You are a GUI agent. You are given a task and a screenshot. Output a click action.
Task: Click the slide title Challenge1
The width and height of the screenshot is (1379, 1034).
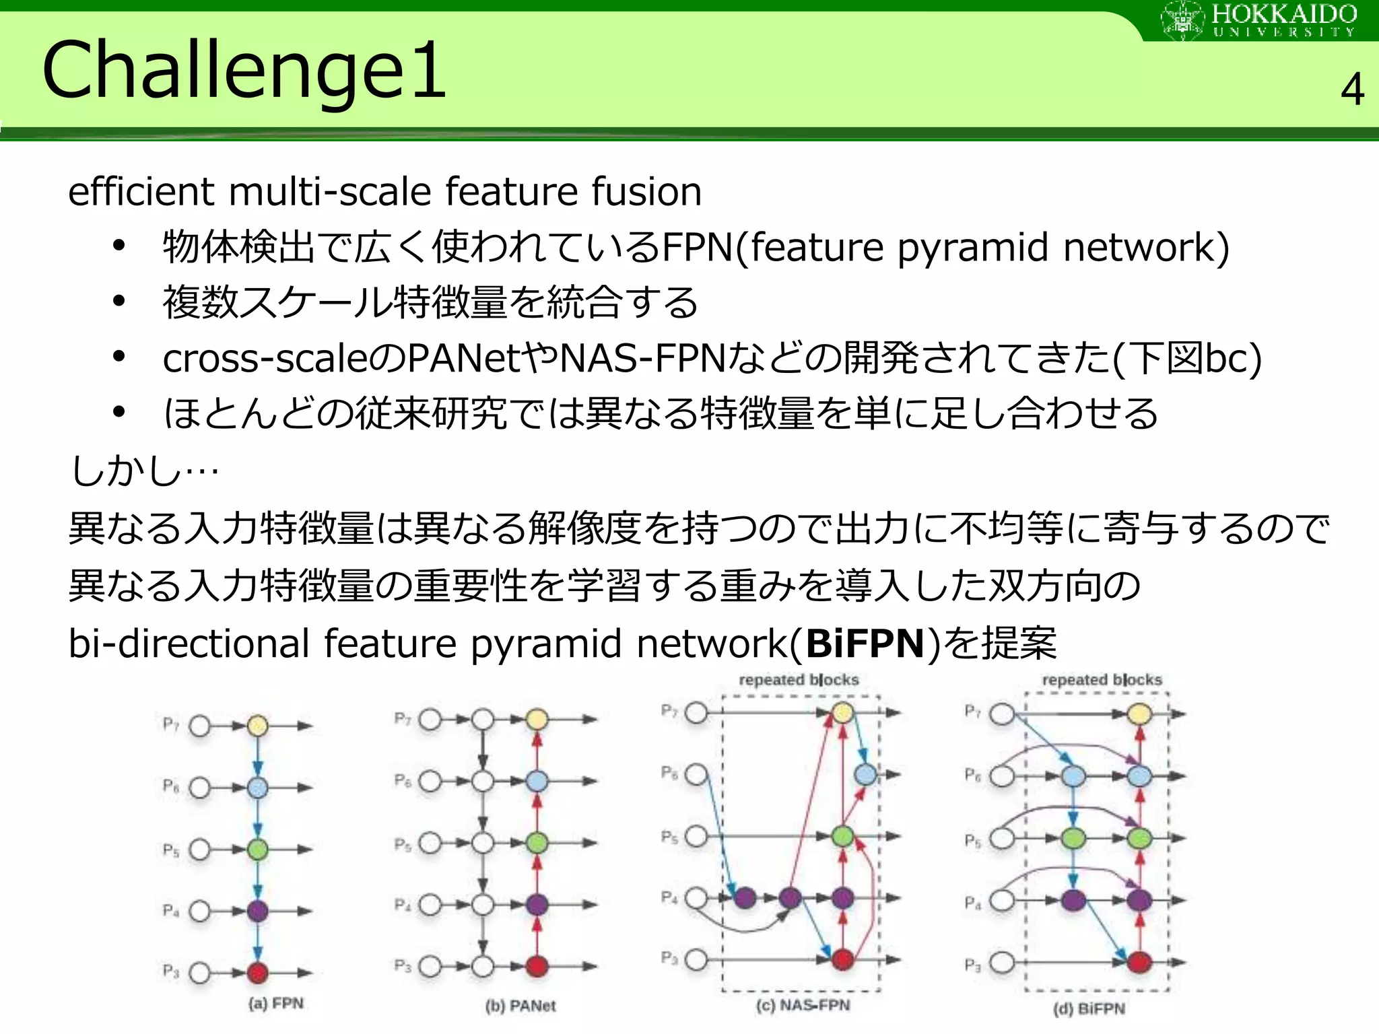[x=244, y=70]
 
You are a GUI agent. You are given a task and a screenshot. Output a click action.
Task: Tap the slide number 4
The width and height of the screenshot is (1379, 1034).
[x=1352, y=90]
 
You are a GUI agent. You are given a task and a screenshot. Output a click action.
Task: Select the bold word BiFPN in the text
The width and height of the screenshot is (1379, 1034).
[x=865, y=644]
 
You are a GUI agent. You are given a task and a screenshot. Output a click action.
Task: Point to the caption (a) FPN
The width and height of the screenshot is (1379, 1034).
[x=276, y=1004]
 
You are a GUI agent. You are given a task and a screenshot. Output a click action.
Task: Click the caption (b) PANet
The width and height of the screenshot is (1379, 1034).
[x=520, y=1006]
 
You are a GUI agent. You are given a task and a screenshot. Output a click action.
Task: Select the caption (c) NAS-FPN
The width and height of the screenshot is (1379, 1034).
[x=803, y=1005]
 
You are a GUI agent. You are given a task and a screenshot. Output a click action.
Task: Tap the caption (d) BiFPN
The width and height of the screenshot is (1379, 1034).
[x=1089, y=1008]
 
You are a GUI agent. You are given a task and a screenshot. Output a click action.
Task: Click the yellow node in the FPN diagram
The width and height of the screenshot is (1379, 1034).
[x=257, y=726]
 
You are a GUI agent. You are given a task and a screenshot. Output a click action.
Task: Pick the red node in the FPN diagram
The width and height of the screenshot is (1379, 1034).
[x=257, y=972]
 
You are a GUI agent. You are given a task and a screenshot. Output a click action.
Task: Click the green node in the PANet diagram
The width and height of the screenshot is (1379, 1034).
[x=536, y=843]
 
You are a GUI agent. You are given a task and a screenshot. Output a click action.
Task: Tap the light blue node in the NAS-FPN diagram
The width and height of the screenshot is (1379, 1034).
[x=865, y=774]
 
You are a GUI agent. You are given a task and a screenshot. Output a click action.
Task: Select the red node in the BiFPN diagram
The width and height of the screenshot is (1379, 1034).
[x=1139, y=962]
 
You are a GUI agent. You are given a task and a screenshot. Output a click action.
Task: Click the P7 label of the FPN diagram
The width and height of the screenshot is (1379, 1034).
[x=171, y=724]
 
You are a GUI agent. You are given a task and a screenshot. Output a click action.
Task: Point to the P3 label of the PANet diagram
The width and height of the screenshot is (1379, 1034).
[x=403, y=966]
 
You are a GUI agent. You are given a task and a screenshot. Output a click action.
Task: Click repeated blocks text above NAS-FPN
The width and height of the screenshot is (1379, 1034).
[x=799, y=680]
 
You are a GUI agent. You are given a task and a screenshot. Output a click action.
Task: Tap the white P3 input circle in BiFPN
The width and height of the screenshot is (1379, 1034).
[x=1002, y=962]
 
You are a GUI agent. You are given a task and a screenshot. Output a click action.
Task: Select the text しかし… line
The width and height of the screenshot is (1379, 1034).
[x=145, y=470]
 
